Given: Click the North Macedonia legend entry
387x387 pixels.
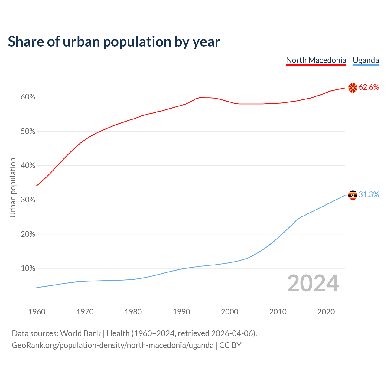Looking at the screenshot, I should pos(316,60).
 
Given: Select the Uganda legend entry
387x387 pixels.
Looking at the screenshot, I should pos(366,60).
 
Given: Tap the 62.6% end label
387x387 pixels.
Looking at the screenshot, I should pos(369,87).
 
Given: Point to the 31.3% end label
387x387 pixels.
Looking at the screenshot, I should pos(369,194).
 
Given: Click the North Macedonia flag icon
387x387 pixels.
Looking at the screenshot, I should pos(353,88).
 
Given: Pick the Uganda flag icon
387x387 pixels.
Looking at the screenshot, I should pos(353,195).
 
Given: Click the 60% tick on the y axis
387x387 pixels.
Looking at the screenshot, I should pos(28,97).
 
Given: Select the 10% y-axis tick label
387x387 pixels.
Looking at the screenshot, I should pos(28,268).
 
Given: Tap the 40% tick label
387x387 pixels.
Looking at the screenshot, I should pos(28,166).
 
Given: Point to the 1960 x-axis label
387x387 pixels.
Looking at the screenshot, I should pos(37,312).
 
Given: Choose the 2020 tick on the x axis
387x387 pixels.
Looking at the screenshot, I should pos(326,312).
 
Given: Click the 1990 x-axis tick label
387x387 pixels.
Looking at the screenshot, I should pos(181,312).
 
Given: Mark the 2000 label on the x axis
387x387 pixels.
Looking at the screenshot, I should pos(229,312).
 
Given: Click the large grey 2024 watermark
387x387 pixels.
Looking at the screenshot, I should pos(313,283).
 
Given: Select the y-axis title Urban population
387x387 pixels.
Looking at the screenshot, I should pos(13,187).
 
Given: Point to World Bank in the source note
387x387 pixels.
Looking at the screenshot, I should pos(80,333).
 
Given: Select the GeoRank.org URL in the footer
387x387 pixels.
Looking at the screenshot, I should pos(112,345).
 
